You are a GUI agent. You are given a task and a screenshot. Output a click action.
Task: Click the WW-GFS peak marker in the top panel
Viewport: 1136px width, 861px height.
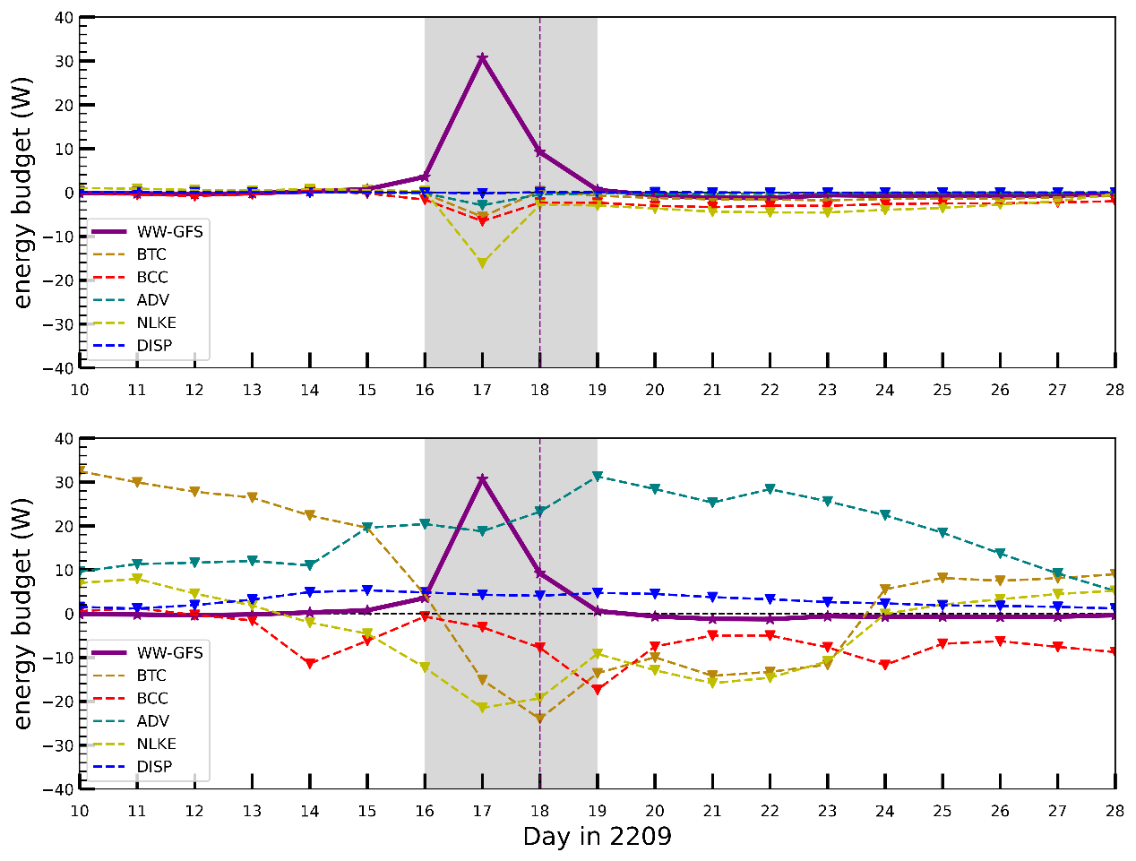[482, 58]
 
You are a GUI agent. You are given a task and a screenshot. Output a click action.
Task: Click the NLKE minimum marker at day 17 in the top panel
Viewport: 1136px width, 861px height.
[482, 263]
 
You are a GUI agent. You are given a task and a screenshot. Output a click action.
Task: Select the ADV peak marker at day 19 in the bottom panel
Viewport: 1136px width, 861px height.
[598, 477]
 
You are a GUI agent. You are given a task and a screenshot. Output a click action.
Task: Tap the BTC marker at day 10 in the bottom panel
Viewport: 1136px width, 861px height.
[81, 470]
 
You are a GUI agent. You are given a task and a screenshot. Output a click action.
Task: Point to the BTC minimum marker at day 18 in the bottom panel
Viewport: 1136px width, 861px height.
[539, 719]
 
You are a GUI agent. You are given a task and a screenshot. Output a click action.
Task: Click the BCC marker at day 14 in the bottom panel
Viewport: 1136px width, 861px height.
[310, 664]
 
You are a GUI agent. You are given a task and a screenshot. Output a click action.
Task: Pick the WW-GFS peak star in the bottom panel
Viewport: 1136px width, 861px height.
[482, 479]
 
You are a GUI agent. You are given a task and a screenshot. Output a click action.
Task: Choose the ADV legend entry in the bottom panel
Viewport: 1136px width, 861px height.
[152, 721]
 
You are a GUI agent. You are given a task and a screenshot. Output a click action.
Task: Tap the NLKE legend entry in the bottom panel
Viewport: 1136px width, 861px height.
[156, 744]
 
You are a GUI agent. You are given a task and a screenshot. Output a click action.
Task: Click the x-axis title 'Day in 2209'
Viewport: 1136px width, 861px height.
[597, 837]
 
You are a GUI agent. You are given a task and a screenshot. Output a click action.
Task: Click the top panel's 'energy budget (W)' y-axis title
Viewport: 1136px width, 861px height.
[22, 193]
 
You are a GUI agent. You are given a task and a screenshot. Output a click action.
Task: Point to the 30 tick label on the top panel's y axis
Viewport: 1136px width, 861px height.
[62, 61]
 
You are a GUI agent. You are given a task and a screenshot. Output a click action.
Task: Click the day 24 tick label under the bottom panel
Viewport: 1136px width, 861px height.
[884, 811]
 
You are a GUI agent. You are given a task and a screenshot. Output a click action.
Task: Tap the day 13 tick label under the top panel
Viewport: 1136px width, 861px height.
[252, 390]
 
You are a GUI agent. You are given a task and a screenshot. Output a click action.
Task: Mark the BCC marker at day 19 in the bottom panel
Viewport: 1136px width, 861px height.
[598, 690]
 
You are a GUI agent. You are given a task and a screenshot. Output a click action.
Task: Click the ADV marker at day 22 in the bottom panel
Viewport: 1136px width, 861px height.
[770, 490]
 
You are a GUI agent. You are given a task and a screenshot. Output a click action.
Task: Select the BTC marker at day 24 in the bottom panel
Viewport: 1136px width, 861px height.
[885, 590]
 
